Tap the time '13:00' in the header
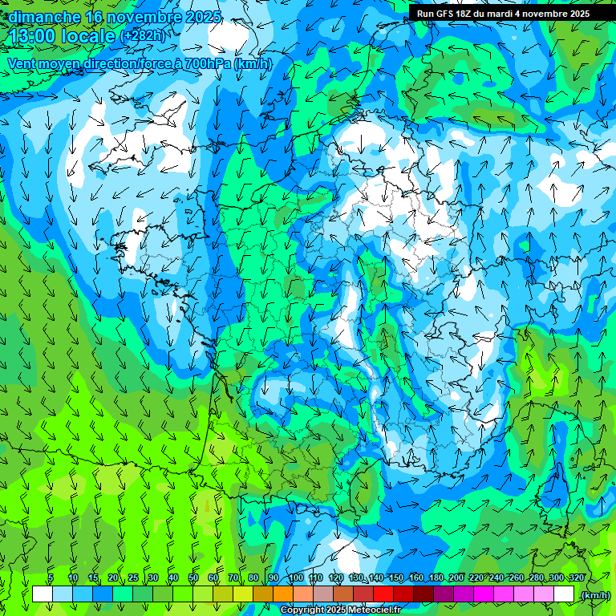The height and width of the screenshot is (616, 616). (33, 36)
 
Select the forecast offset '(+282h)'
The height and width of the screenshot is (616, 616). (143, 36)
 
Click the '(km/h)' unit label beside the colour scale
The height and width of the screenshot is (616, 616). (595, 595)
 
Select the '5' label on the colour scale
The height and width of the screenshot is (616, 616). (51, 578)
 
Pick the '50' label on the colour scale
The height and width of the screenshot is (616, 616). (193, 578)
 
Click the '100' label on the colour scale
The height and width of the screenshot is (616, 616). (296, 578)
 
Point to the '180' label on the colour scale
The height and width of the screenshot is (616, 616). (436, 578)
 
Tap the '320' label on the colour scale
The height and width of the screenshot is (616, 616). (577, 578)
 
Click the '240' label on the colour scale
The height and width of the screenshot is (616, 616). (496, 578)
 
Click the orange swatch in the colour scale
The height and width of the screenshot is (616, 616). (284, 594)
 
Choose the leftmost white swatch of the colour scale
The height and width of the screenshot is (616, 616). (43, 594)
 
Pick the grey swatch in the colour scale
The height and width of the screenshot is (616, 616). (324, 594)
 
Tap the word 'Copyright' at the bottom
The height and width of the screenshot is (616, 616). (303, 610)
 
